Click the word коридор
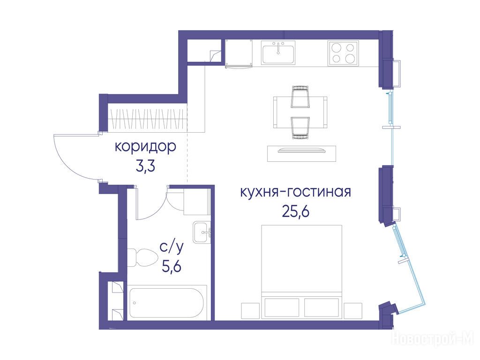145,147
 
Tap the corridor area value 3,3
145,166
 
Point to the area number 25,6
296,212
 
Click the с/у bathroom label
172,247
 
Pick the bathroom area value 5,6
172,267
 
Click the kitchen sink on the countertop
278,52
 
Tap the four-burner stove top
343,53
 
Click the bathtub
167,303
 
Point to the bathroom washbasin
202,232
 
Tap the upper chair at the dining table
300,97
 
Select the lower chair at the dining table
300,128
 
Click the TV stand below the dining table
301,153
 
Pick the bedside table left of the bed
250,310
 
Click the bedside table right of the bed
352,310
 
